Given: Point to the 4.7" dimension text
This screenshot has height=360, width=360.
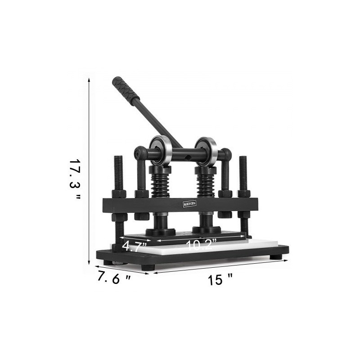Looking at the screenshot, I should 135,246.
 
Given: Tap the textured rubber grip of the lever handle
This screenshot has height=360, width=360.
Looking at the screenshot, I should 126,89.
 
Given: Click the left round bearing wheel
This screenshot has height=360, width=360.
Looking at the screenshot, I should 161,150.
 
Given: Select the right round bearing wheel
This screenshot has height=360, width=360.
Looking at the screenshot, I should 206,151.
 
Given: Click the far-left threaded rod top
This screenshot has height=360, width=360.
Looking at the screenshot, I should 118,160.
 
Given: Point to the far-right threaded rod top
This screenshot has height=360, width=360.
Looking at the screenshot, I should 243,160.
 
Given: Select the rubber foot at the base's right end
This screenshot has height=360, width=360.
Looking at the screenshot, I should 276,257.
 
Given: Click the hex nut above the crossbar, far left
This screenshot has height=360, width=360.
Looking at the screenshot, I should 119,193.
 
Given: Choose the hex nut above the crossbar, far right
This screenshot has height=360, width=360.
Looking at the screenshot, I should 243,193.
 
